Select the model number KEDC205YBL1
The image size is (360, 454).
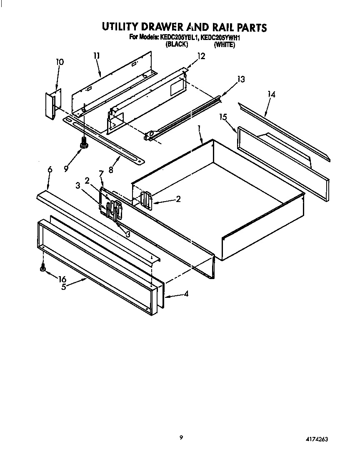click(178, 37)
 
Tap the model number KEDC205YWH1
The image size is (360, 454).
click(221, 37)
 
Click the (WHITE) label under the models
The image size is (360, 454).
click(224, 44)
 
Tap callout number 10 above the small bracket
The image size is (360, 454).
click(60, 62)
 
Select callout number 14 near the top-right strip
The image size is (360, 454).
click(271, 95)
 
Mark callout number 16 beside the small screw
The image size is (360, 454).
click(62, 279)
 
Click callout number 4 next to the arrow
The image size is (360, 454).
click(186, 294)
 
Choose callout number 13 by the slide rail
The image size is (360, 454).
click(240, 79)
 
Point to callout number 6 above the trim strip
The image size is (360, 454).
click(50, 169)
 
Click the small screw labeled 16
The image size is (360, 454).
click(42, 269)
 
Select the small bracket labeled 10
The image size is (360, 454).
click(52, 105)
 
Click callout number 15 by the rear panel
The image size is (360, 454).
click(223, 117)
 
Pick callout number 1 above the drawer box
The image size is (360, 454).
click(199, 128)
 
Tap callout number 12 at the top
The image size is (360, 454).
click(201, 56)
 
